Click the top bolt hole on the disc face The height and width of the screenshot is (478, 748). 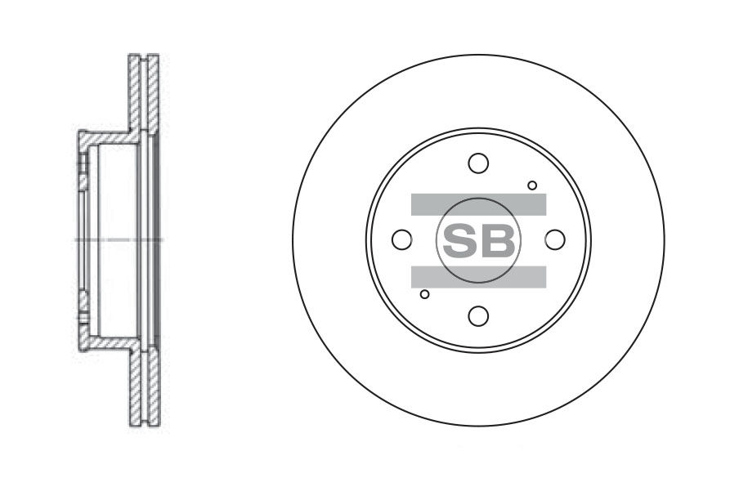tap(478, 163)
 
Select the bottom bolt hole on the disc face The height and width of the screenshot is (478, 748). tap(478, 315)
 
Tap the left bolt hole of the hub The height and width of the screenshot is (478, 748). tap(401, 239)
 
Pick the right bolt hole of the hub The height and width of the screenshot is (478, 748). tap(555, 239)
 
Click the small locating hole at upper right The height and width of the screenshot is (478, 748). tap(532, 185)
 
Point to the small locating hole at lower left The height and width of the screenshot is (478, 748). tap(424, 294)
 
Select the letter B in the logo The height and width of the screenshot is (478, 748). tap(498, 240)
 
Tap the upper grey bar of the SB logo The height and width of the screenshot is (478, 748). tap(478, 204)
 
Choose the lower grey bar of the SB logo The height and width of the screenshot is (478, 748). tap(478, 277)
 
